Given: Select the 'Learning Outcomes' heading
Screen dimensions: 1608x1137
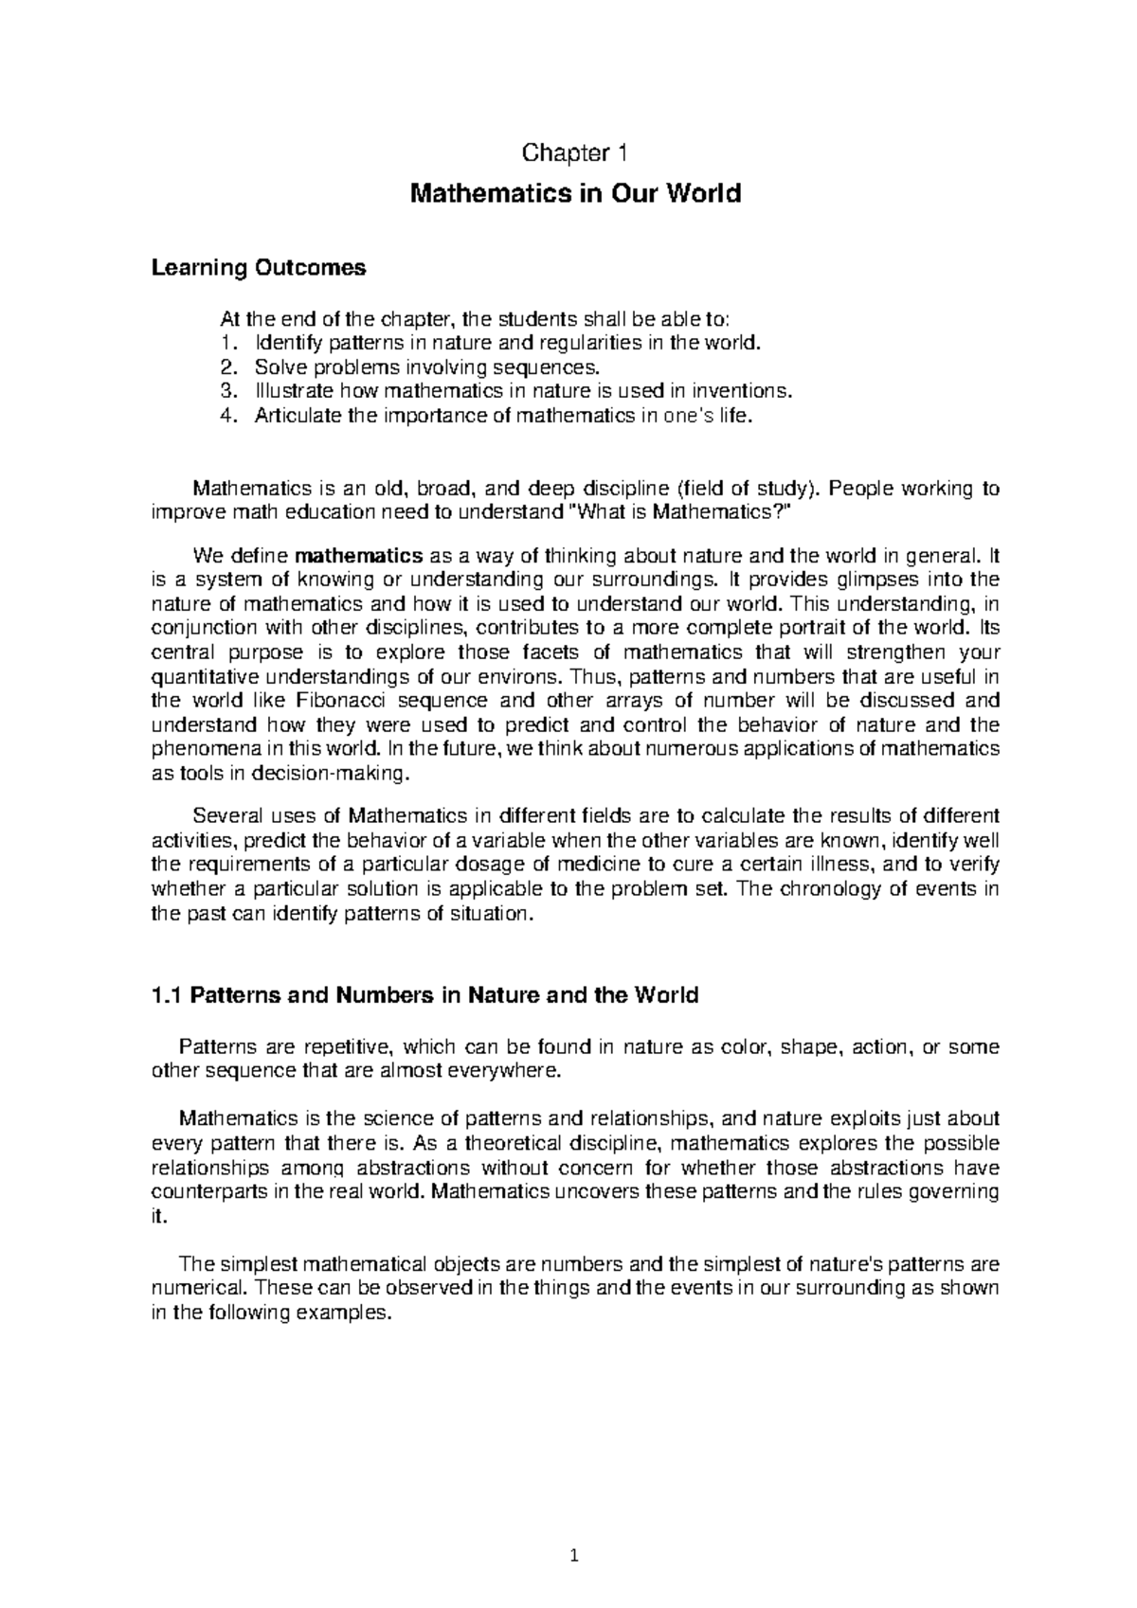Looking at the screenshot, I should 258,269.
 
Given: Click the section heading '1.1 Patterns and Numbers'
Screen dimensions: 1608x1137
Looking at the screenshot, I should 424,995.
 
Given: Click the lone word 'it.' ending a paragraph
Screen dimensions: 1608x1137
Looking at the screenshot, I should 159,1217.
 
